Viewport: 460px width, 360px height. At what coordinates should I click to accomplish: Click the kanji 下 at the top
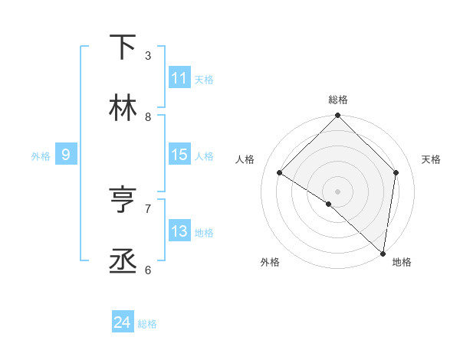123,47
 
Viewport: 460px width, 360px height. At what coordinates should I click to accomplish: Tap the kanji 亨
123,201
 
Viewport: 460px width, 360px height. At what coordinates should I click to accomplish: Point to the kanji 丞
123,262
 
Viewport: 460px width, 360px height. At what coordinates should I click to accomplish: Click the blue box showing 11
179,78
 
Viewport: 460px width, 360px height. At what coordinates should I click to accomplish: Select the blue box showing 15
179,155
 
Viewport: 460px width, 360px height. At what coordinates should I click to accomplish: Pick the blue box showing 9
66,155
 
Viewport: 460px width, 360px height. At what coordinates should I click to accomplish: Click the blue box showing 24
123,323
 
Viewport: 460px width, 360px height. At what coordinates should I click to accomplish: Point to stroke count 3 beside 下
148,55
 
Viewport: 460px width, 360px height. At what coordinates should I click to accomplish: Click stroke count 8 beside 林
148,116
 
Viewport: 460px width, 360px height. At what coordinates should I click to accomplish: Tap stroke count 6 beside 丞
148,270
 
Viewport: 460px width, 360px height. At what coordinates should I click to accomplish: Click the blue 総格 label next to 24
147,324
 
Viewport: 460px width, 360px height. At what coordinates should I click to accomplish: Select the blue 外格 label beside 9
41,155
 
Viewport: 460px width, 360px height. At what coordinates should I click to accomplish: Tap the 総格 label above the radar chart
338,100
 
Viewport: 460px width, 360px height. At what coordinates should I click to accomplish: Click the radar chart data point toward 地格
383,253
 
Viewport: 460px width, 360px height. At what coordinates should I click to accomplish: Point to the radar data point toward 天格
396,172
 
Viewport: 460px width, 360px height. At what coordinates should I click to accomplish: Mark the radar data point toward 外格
329,204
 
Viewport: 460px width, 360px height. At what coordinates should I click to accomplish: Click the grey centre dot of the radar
338,191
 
